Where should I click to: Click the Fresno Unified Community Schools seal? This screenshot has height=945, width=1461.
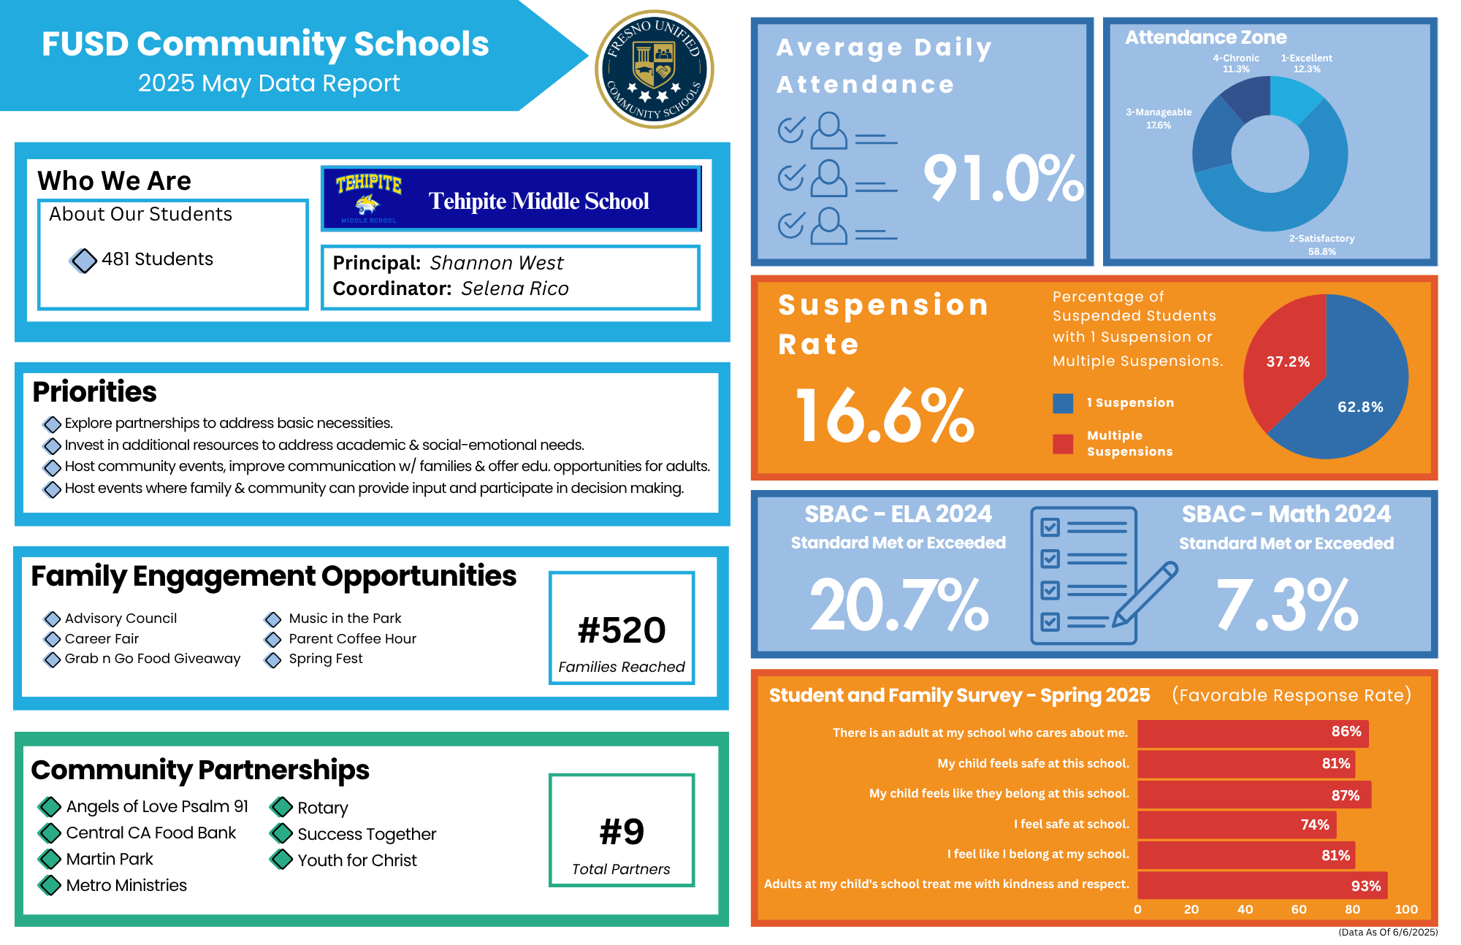click(655, 69)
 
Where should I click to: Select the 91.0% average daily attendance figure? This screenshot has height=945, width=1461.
click(1003, 178)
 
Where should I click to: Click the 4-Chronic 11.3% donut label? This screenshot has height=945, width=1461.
click(1236, 64)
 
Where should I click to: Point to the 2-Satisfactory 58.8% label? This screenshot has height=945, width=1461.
click(1321, 245)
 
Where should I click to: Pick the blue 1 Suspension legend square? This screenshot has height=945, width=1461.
click(1063, 403)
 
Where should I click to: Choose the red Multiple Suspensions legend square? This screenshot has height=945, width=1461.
click(1063, 443)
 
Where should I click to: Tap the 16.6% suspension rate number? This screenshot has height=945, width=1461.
click(885, 416)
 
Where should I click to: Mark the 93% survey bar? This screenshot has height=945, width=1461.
click(1262, 885)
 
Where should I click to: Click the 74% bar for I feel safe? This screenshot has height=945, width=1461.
click(1236, 825)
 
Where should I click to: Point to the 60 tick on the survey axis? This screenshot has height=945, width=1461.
click(1299, 909)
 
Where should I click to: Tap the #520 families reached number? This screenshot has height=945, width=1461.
click(622, 630)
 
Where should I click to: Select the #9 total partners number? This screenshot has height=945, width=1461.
click(622, 832)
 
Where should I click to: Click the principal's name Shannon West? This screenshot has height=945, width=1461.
click(497, 263)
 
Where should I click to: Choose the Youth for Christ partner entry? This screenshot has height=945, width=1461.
click(357, 860)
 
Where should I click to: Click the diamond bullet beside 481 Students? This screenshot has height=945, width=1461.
click(84, 260)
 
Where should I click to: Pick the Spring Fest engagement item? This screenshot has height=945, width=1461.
click(326, 659)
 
